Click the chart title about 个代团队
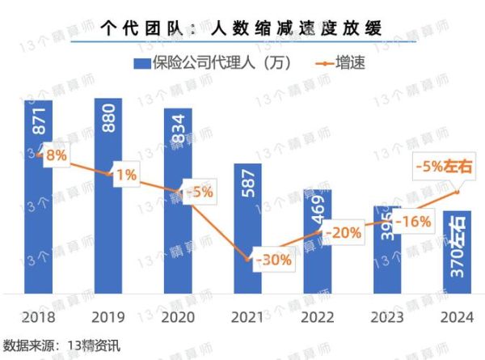[x=242, y=28]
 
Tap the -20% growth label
[x=340, y=232]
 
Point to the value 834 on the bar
[x=179, y=129]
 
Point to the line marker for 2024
[x=458, y=192]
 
